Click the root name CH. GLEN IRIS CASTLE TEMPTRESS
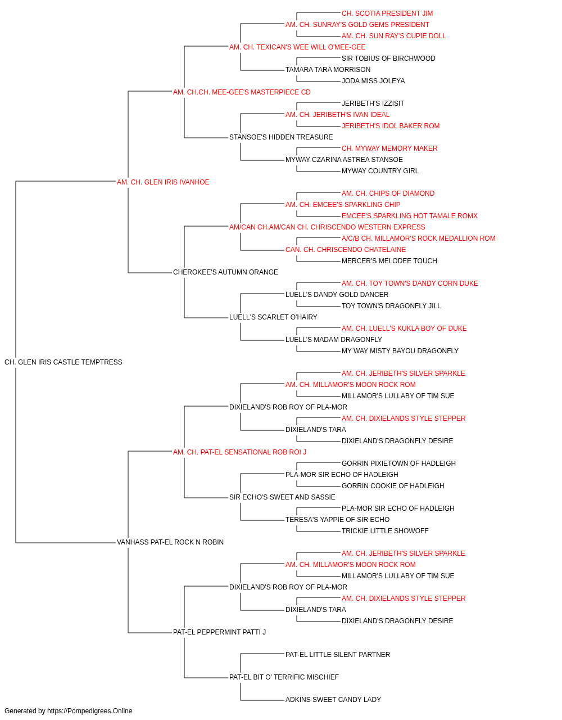(x=63, y=362)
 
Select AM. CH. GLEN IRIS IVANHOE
(x=163, y=182)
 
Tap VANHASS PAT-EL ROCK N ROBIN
(x=170, y=542)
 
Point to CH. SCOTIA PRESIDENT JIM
(x=387, y=13)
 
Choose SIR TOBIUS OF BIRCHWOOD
(x=388, y=58)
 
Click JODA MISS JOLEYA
(x=373, y=81)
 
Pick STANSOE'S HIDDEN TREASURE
(x=281, y=137)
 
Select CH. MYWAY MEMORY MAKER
(x=389, y=148)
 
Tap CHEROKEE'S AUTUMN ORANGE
(x=225, y=272)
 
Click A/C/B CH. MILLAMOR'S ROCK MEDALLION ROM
(x=418, y=238)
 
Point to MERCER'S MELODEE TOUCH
(x=389, y=261)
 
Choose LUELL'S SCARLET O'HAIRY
(x=273, y=317)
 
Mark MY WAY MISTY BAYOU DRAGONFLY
(x=400, y=351)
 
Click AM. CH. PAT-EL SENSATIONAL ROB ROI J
(x=239, y=452)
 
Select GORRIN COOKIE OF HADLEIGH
(x=393, y=486)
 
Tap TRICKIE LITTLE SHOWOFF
(x=385, y=531)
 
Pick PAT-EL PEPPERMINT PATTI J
(x=219, y=632)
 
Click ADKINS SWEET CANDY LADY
(x=333, y=700)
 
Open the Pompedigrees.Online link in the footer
(x=89, y=711)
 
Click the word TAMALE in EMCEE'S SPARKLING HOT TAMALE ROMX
(x=442, y=216)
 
